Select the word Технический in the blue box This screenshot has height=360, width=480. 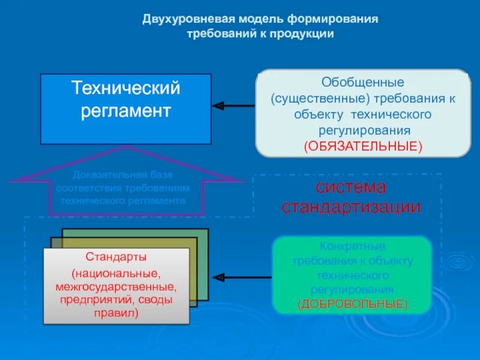(126, 89)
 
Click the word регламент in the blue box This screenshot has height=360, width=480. (126, 111)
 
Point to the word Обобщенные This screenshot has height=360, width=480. (363, 82)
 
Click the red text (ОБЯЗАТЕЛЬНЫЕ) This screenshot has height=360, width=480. (363, 146)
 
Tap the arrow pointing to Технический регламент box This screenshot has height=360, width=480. (234, 106)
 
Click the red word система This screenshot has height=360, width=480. (352, 187)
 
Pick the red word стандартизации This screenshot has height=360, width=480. (352, 207)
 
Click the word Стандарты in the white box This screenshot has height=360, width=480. (116, 257)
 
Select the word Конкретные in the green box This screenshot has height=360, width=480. (352, 247)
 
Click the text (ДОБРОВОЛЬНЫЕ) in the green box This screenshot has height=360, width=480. (352, 304)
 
